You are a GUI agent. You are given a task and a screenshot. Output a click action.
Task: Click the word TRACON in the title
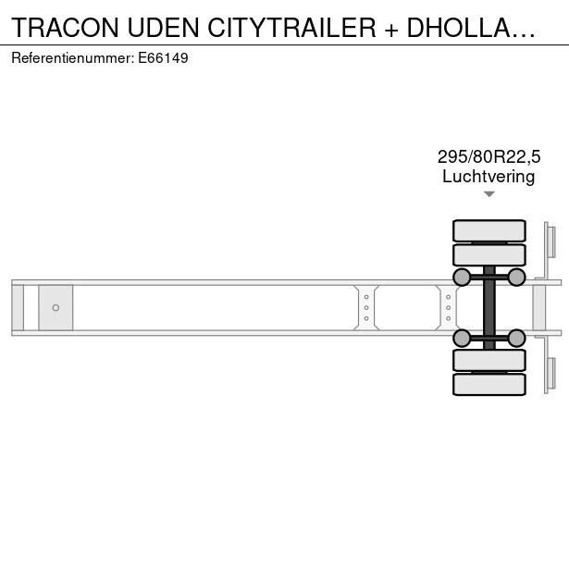66,28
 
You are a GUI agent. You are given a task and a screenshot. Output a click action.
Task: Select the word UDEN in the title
163,28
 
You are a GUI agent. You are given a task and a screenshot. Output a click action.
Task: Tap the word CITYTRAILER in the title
291,28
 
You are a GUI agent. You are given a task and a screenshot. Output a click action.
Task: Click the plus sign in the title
391,29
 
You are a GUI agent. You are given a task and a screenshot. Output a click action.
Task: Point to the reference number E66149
163,58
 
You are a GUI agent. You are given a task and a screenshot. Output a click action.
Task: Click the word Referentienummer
72,58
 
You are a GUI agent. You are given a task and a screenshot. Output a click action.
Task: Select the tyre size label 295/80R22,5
489,157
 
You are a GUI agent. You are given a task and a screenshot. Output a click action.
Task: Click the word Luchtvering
489,177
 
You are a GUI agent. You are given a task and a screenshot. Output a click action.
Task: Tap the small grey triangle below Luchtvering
489,194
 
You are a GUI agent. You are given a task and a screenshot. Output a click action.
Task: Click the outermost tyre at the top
489,230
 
